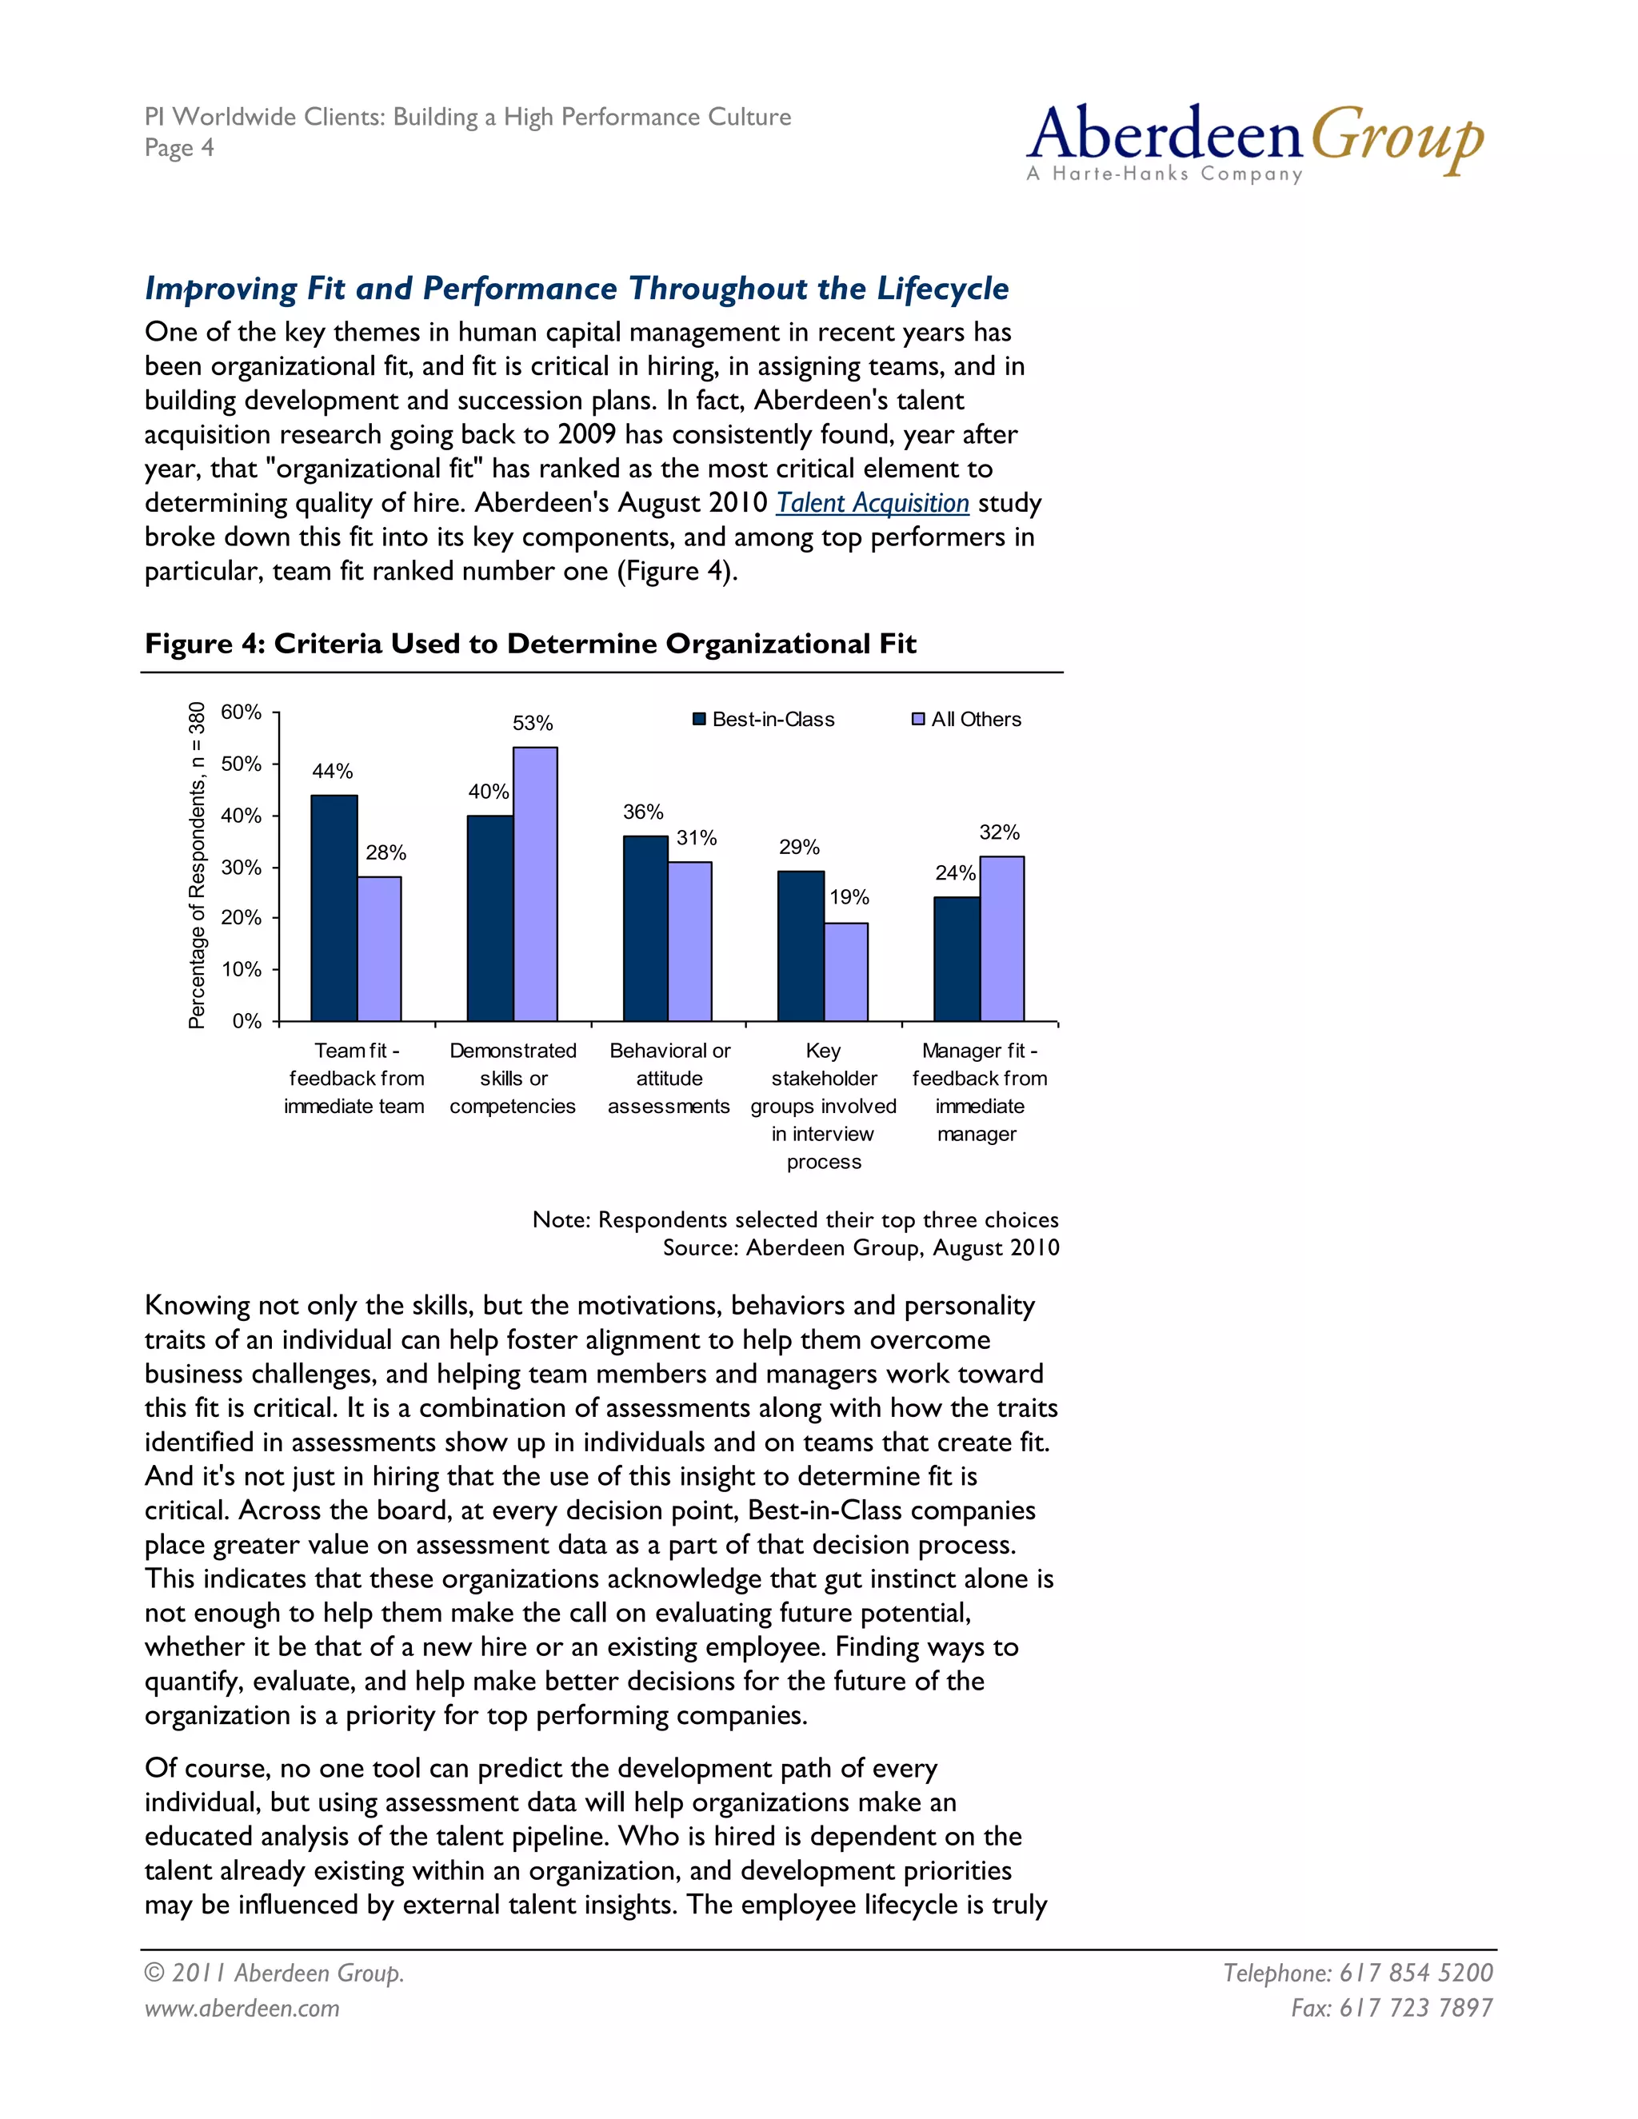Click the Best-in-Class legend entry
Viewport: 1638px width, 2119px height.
click(x=764, y=719)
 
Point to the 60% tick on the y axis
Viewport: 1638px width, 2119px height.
click(x=241, y=712)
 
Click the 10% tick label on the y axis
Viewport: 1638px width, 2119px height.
click(x=241, y=969)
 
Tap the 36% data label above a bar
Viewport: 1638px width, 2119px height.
click(x=643, y=812)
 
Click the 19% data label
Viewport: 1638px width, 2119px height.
click(x=849, y=897)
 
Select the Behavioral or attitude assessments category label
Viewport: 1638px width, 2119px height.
click(x=669, y=1078)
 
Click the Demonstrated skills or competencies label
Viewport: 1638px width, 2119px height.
click(x=513, y=1078)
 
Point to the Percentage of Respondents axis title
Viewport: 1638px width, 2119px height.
click(x=197, y=864)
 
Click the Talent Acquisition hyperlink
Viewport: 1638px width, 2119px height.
click(x=873, y=503)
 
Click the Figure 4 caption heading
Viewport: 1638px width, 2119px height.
click(x=529, y=644)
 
